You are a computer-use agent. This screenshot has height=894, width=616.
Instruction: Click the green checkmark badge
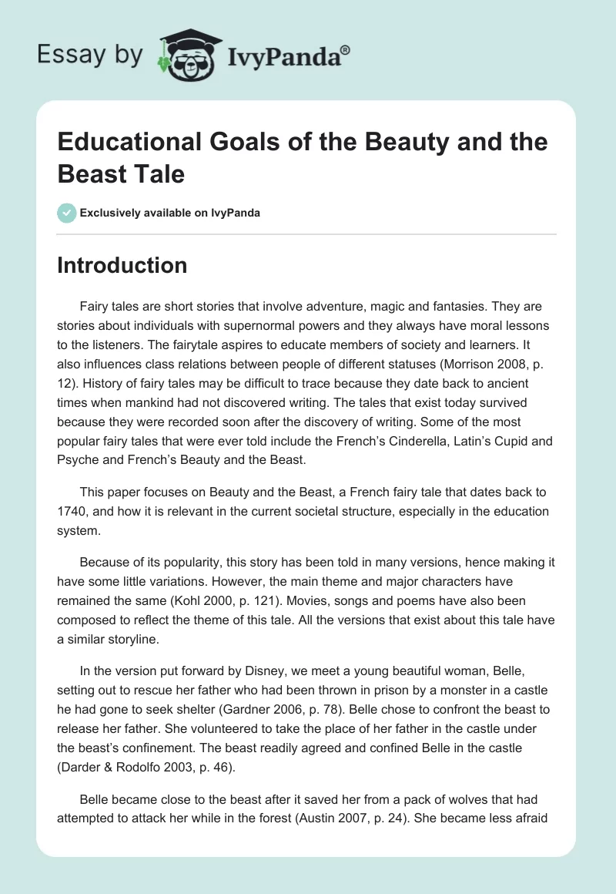point(67,213)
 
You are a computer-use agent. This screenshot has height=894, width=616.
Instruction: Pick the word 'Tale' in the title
point(160,173)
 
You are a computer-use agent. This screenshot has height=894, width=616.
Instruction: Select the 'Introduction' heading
point(122,265)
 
